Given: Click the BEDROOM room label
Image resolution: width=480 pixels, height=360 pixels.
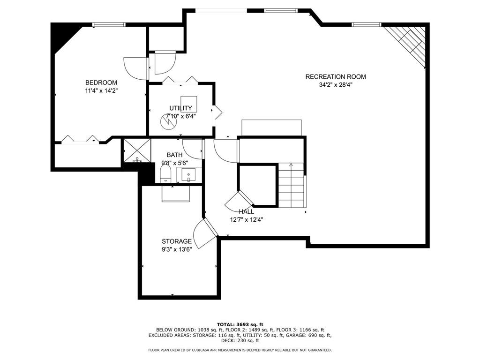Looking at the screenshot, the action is click(101, 82).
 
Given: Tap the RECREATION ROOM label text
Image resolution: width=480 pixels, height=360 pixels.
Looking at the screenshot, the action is click(336, 76).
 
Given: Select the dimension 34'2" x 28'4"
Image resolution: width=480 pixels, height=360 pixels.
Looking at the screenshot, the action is click(336, 85).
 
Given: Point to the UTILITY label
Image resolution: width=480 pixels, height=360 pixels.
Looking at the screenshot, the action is click(180, 108).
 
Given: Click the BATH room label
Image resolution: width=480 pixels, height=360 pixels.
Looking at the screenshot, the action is click(174, 155).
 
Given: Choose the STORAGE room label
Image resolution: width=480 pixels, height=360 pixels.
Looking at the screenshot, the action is click(177, 241).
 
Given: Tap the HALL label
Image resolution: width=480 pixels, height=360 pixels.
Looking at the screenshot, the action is click(247, 211).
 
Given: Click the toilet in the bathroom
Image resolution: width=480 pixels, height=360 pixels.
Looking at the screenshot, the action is click(165, 174).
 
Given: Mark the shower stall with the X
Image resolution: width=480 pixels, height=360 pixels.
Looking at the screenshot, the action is click(137, 150).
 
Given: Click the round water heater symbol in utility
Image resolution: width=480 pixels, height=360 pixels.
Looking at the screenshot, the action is click(168, 122).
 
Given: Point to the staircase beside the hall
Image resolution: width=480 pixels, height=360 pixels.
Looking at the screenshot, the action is click(292, 185).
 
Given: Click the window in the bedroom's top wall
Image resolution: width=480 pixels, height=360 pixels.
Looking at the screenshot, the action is click(109, 24).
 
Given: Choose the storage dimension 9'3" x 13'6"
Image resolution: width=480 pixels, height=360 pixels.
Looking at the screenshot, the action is click(177, 249).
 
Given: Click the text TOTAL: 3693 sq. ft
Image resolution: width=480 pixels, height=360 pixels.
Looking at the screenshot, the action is click(240, 324).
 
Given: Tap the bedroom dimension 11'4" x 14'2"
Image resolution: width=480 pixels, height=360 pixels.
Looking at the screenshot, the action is click(101, 90).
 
